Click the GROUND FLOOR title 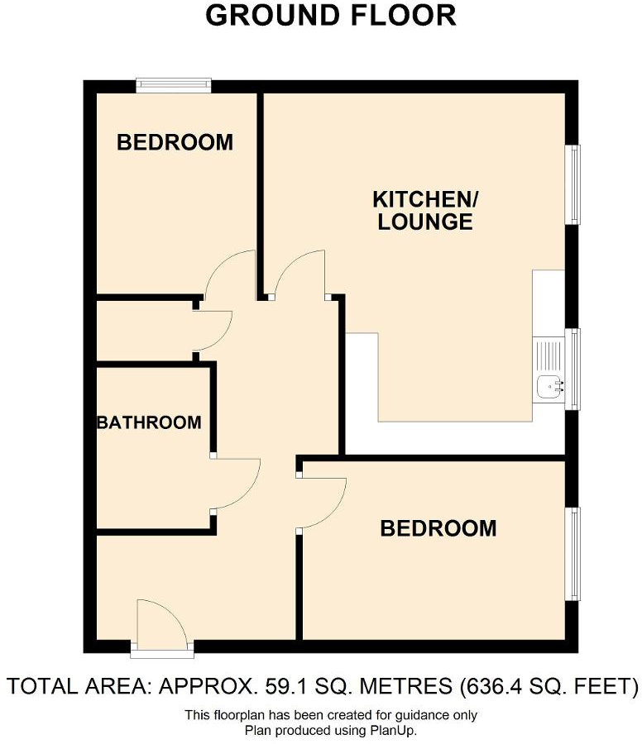[330, 15]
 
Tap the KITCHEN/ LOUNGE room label [425, 210]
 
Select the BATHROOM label [149, 423]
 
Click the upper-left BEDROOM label [175, 142]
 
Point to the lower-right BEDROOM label [438, 528]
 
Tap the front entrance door [162, 624]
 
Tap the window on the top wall [174, 83]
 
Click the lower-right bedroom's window [573, 553]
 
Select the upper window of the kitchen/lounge [573, 184]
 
